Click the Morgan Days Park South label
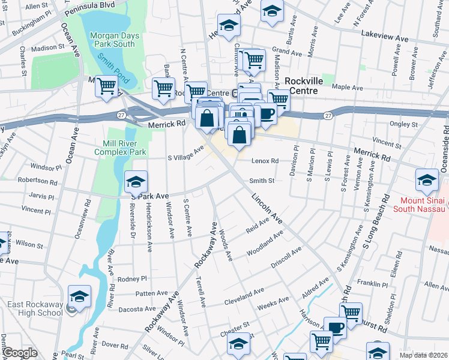(x=115, y=40)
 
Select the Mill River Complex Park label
(x=120, y=148)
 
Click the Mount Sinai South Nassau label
(x=420, y=205)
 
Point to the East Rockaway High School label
(x=35, y=308)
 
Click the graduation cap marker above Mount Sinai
(x=427, y=179)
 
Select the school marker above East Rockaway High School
(x=79, y=297)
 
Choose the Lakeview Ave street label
(x=385, y=37)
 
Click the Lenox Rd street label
(x=267, y=161)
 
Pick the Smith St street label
(x=262, y=180)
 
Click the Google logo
(x=20, y=353)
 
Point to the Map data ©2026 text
(x=424, y=355)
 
